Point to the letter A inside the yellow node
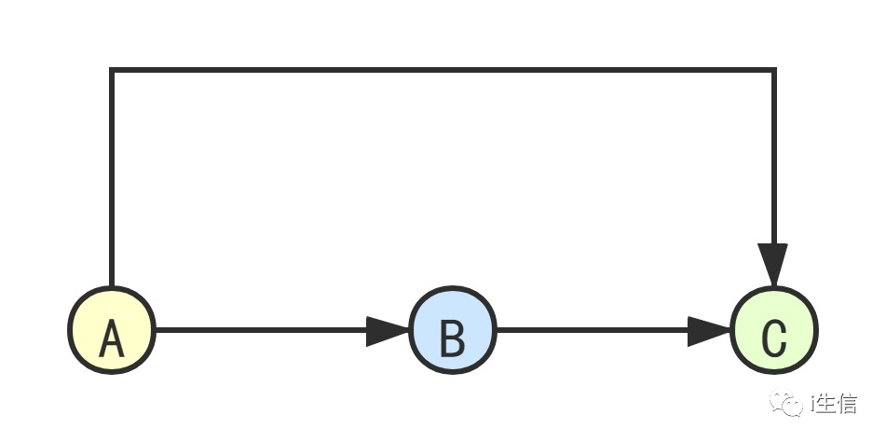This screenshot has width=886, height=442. [x=112, y=339]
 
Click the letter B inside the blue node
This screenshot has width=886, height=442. [x=453, y=339]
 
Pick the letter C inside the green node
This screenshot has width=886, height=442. [x=774, y=339]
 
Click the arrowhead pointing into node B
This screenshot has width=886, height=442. [x=387, y=330]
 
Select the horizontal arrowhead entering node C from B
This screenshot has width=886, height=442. [x=709, y=330]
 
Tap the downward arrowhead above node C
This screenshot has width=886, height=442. [x=773, y=264]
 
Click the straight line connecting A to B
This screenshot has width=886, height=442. [x=261, y=330]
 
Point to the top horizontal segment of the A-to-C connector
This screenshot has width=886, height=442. [x=443, y=70]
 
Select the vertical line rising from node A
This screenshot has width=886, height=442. [x=112, y=177]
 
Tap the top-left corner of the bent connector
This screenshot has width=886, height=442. [x=112, y=70]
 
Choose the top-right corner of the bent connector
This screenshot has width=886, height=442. [x=773, y=70]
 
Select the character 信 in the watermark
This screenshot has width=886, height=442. [x=848, y=404]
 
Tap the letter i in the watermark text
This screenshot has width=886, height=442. [x=812, y=404]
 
